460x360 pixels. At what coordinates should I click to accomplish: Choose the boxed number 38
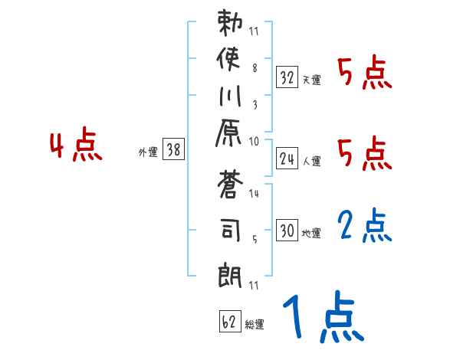[173, 150]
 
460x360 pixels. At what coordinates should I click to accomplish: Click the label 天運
[310, 80]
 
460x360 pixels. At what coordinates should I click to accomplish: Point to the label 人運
[310, 161]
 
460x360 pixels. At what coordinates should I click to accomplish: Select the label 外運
[147, 152]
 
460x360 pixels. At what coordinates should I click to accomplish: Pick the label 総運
[254, 324]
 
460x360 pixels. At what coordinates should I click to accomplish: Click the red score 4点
[76, 146]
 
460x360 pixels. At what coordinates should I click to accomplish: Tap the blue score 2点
[365, 227]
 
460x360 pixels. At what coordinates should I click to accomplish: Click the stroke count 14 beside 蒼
[254, 194]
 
